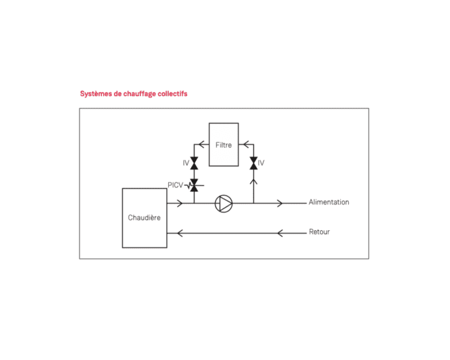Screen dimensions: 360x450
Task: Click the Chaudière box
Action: pos(144,218)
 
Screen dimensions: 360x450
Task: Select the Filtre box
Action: pos(224,145)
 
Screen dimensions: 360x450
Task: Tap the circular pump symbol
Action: pos(224,203)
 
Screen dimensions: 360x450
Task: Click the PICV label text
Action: pos(175,185)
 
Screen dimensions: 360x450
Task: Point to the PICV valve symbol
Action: pos(194,185)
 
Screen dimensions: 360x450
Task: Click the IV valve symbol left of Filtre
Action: pos(194,163)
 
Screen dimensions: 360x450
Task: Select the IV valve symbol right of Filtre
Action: pos(253,163)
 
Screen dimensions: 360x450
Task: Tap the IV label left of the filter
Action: pos(186,163)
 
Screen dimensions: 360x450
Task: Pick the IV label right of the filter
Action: pos(261,163)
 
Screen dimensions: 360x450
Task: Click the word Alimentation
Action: pos(329,202)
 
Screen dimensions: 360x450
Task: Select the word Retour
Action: pos(319,232)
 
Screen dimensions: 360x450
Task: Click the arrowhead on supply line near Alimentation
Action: pos(280,203)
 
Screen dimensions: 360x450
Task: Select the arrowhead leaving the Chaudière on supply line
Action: pos(179,203)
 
